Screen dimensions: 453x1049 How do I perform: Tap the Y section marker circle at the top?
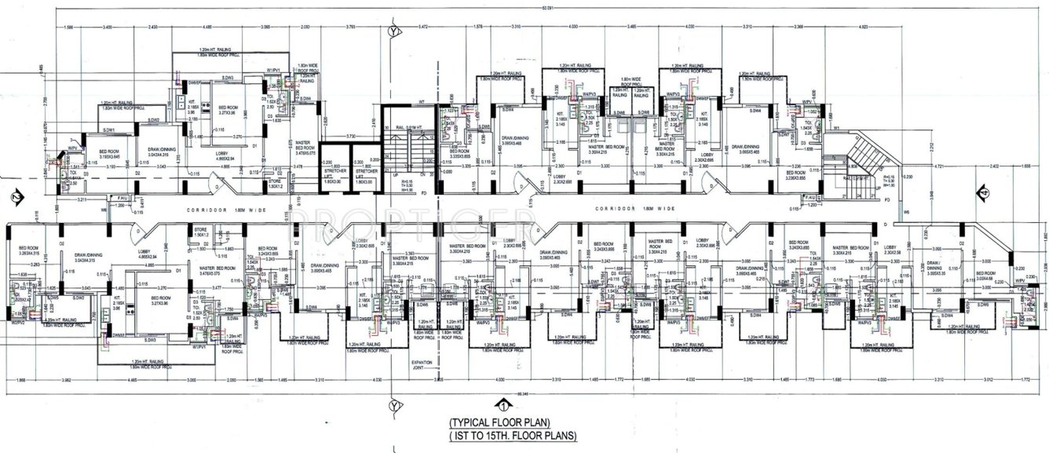pyautogui.click(x=392, y=31)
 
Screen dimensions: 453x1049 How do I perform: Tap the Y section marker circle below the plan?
pyautogui.click(x=392, y=405)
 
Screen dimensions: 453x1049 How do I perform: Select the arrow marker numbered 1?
pyautogui.click(x=500, y=406)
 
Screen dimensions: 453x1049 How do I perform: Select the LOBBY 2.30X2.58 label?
pyautogui.click(x=896, y=254)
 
